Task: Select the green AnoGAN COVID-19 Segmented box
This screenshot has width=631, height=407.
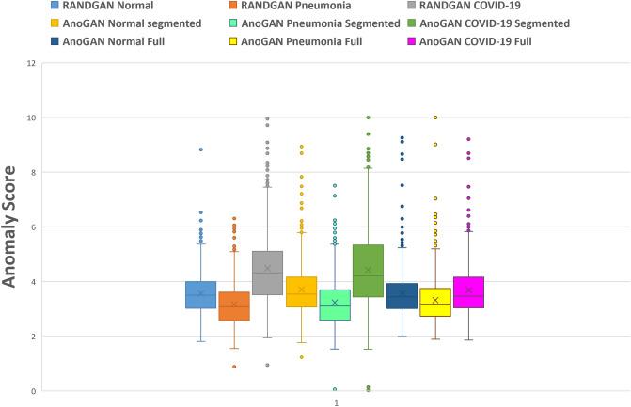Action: pos(368,271)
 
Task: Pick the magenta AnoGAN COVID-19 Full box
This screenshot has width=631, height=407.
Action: pos(468,292)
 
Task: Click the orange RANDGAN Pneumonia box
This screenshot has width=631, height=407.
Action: pos(234,306)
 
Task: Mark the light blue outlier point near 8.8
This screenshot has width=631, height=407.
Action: pos(200,149)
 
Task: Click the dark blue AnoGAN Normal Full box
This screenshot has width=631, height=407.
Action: pos(402,296)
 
